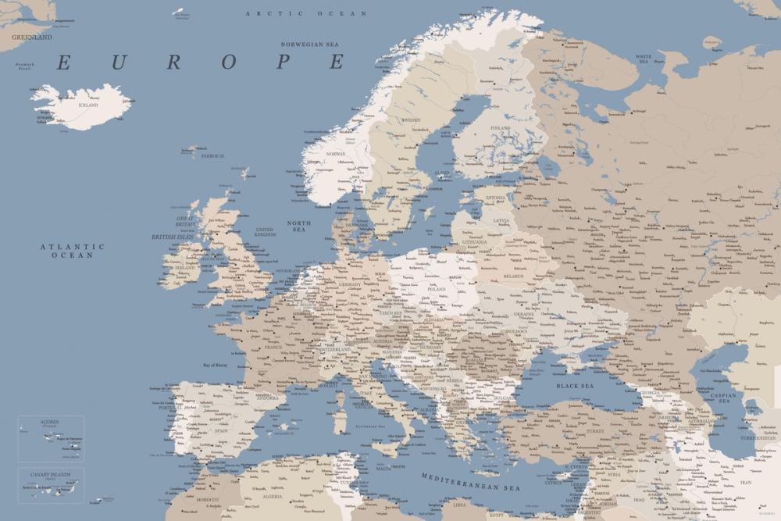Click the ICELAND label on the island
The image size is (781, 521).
click(88, 105)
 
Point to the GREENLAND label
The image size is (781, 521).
click(32, 37)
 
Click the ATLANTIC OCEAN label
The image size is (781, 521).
click(73, 251)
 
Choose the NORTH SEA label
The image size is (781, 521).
click(298, 227)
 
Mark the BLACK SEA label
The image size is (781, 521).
click(575, 386)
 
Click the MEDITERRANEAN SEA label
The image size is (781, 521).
click(470, 481)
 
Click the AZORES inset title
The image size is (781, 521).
click(49, 422)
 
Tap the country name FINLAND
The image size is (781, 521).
click(500, 128)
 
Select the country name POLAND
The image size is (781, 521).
click(436, 289)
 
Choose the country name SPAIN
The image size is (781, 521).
click(222, 430)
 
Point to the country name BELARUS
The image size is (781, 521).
click(513, 276)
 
